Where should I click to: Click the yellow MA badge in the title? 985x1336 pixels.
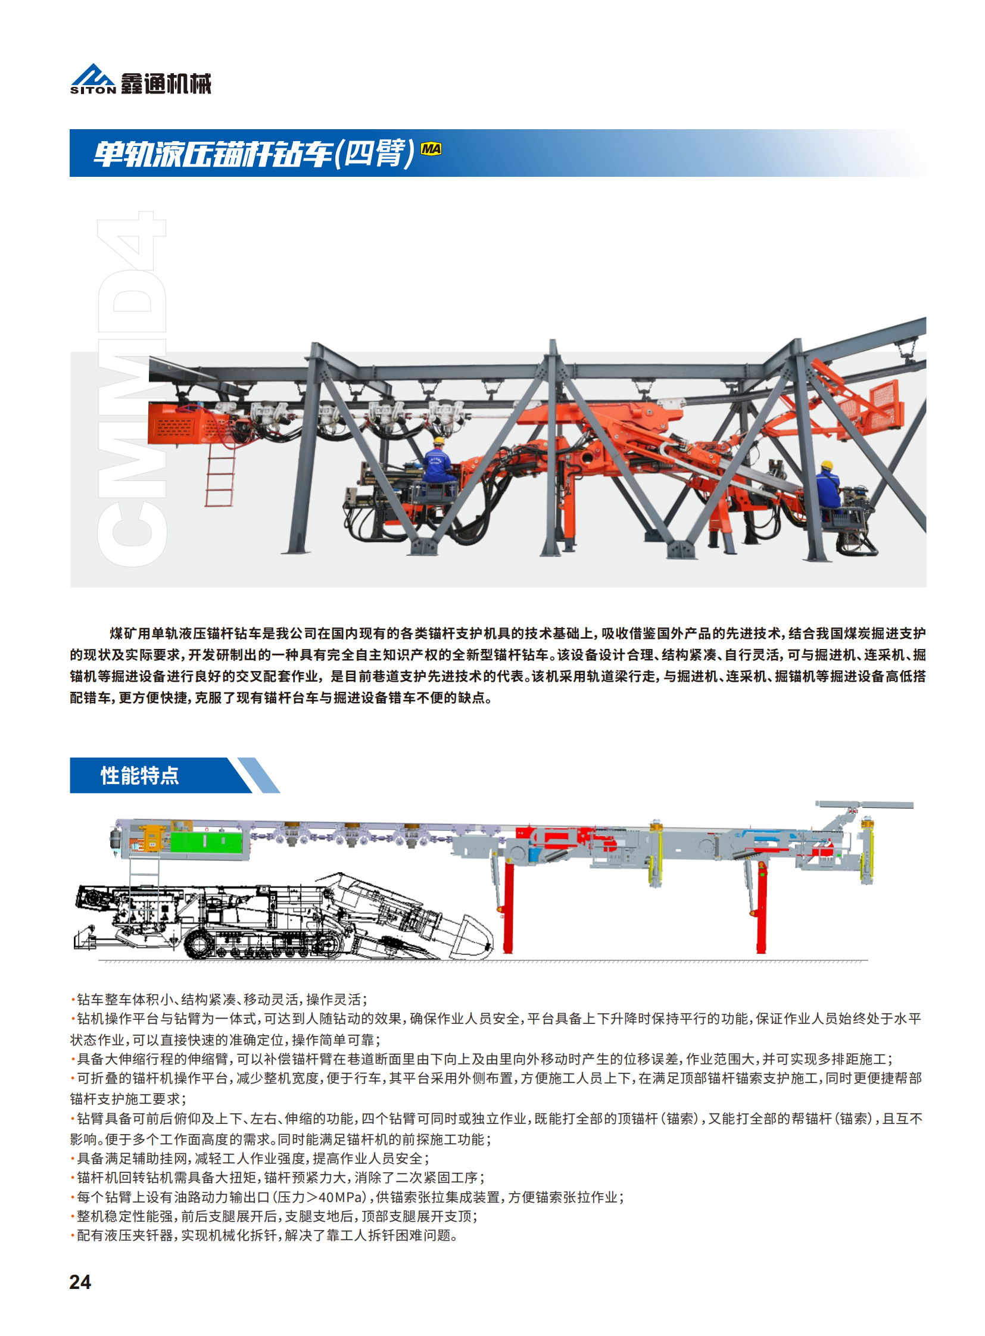[x=431, y=148]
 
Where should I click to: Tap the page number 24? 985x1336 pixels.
[x=80, y=1282]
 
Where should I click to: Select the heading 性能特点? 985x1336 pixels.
[x=139, y=775]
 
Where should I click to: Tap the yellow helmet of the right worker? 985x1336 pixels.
[x=827, y=465]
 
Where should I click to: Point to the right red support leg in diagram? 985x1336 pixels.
[x=762, y=907]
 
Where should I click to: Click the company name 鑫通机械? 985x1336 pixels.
[x=166, y=83]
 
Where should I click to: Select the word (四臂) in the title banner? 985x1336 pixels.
[x=375, y=153]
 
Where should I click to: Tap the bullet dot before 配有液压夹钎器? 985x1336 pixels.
[x=73, y=1236]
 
